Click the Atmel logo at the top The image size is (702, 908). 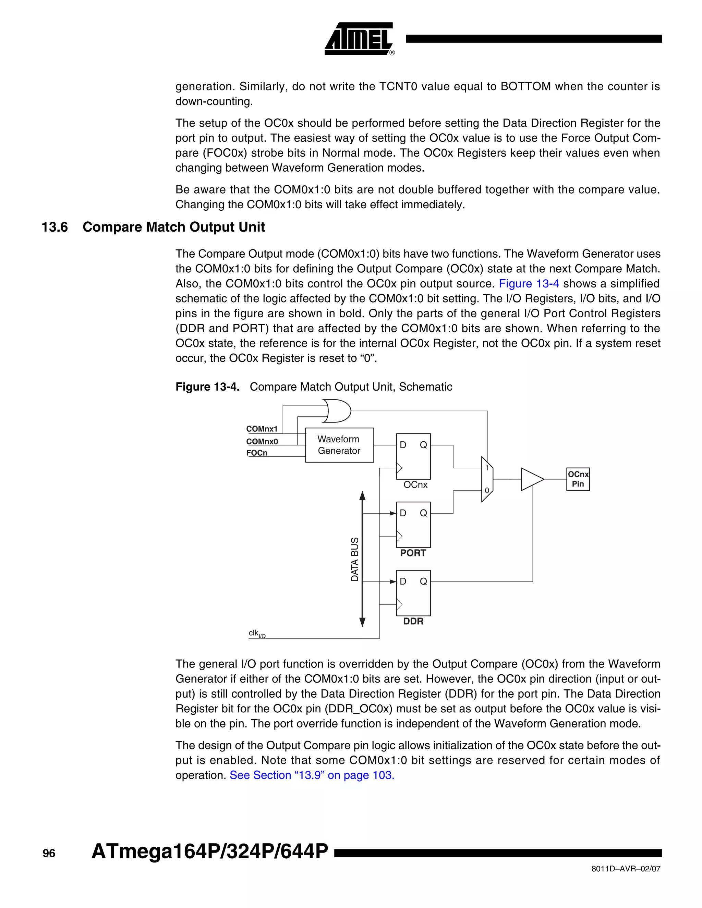point(359,39)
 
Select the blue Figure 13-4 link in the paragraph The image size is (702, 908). point(529,284)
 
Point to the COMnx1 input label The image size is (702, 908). point(262,429)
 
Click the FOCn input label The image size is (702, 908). point(257,453)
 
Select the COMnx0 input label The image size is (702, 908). point(262,442)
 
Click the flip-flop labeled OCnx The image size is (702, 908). point(413,456)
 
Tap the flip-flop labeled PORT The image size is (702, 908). point(413,525)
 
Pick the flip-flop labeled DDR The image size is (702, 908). point(413,593)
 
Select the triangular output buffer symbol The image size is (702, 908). point(531,479)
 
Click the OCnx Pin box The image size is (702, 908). point(578,479)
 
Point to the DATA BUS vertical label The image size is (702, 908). point(355,559)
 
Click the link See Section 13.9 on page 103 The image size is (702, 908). point(312,775)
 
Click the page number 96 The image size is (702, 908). point(49,853)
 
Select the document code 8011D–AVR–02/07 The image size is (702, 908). point(626,869)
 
